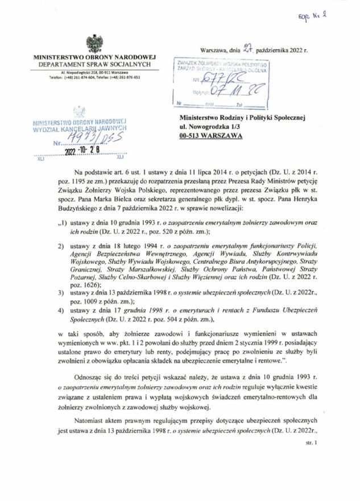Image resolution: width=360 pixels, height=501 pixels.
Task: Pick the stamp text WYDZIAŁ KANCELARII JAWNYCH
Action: (79, 129)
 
